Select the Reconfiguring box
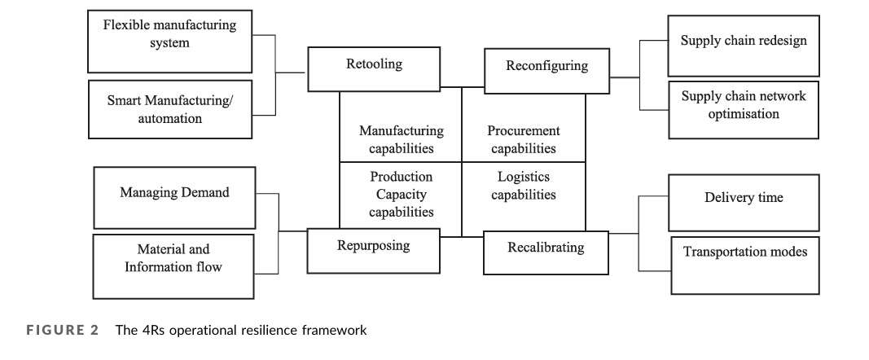546,70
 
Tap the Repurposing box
374,248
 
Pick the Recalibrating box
546,252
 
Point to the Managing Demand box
174,197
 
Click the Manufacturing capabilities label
402,139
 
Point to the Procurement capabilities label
524,139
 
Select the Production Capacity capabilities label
402,194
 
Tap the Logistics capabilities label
524,186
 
